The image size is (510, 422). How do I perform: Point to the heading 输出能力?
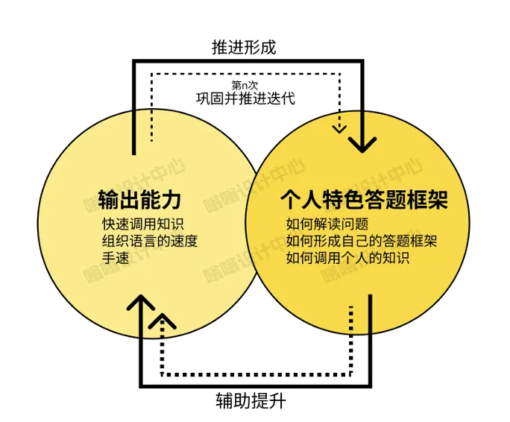pyautogui.click(x=141, y=201)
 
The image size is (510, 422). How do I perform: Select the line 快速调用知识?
pyautogui.click(x=142, y=224)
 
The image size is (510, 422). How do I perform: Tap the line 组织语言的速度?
pyautogui.click(x=149, y=241)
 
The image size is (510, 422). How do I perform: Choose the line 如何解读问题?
pyautogui.click(x=327, y=224)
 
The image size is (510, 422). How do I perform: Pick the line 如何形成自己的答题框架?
pyautogui.click(x=361, y=241)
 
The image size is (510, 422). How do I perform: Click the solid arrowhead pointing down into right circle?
pyautogui.click(x=362, y=143)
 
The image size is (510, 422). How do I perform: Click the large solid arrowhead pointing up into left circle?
pyautogui.click(x=139, y=302)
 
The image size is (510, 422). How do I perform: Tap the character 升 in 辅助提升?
pyautogui.click(x=277, y=403)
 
